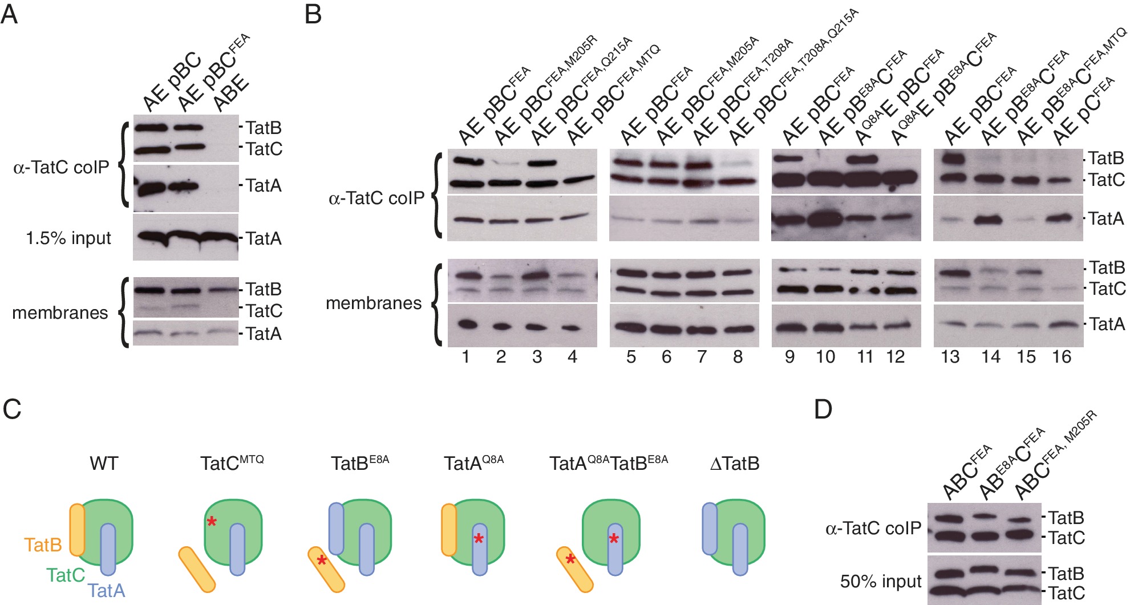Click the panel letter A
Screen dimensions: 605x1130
9,14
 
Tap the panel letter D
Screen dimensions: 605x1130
823,409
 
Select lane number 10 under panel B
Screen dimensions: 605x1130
825,358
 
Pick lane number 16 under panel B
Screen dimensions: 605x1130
1062,358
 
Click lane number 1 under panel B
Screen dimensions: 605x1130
466,358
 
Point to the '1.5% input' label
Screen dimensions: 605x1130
68,238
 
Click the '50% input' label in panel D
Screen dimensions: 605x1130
881,581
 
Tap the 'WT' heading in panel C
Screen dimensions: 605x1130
104,463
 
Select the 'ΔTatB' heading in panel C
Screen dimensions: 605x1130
735,463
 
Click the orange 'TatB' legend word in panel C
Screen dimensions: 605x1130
43,545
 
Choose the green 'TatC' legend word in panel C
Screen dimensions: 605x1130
66,575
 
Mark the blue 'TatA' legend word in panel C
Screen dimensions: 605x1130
106,590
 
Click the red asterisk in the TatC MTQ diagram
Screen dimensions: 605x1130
212,521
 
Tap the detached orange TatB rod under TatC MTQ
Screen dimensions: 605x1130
197,569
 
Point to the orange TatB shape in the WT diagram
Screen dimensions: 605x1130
77,530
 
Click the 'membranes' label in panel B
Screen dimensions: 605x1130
374,303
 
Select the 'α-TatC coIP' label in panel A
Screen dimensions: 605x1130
61,167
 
